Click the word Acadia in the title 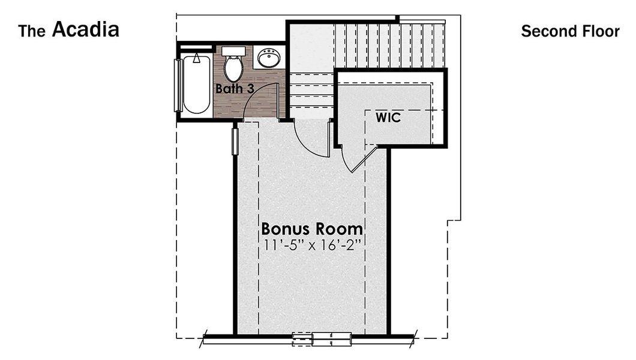[x=86, y=29]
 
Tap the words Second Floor [x=569, y=31]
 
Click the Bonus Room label [x=312, y=229]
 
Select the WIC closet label [x=388, y=117]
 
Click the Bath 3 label [x=235, y=89]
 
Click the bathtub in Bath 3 [x=196, y=85]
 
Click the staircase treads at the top [x=390, y=46]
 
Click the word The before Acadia [x=32, y=31]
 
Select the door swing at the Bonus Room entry [x=312, y=141]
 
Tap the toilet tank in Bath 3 [x=233, y=51]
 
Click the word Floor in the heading [x=601, y=31]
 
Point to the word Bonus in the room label [x=284, y=229]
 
